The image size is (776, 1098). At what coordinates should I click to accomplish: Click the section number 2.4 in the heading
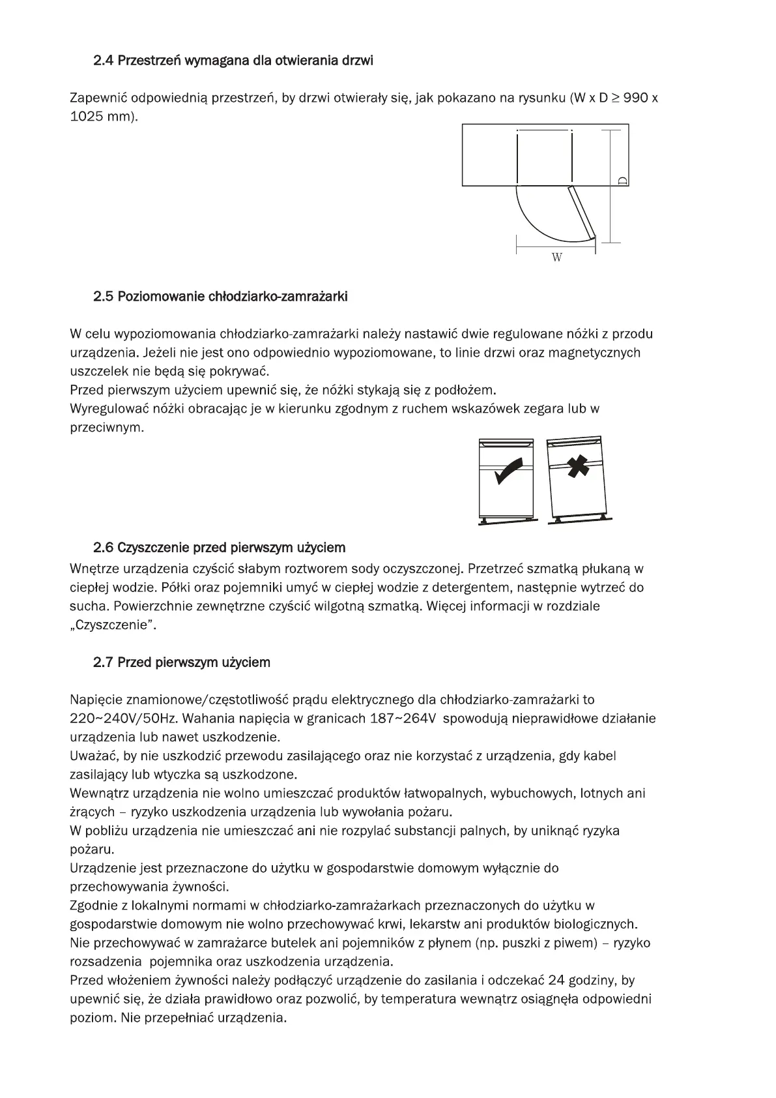coord(103,61)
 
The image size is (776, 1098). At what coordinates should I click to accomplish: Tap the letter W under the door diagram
coord(556,258)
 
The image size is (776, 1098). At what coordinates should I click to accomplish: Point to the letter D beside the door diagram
coord(623,181)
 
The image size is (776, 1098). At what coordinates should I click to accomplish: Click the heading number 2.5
coord(103,297)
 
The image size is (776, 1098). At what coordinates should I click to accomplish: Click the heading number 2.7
coord(103,663)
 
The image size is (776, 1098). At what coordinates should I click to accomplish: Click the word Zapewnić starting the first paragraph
coord(98,99)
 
